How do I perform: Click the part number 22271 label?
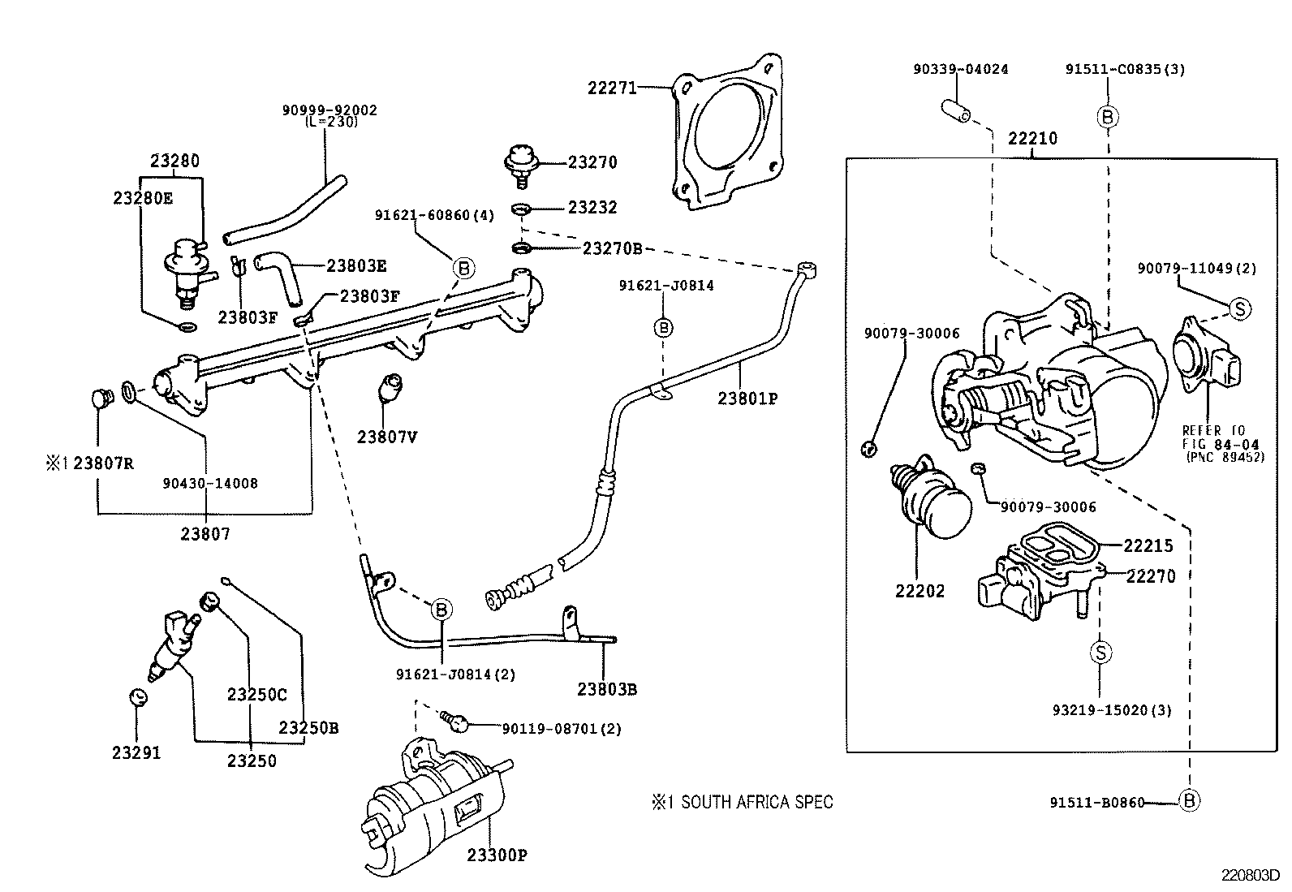[612, 87]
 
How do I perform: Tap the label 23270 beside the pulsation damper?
[592, 162]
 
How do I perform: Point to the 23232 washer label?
[592, 208]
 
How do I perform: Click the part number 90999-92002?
[329, 110]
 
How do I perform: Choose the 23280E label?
[143, 197]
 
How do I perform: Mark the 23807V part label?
[387, 437]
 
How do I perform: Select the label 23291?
[136, 753]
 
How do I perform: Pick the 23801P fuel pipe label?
[747, 399]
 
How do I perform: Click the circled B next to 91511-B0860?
[1189, 802]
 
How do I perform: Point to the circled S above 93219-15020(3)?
[1100, 652]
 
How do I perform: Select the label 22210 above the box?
[1032, 139]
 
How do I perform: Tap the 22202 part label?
[920, 591]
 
